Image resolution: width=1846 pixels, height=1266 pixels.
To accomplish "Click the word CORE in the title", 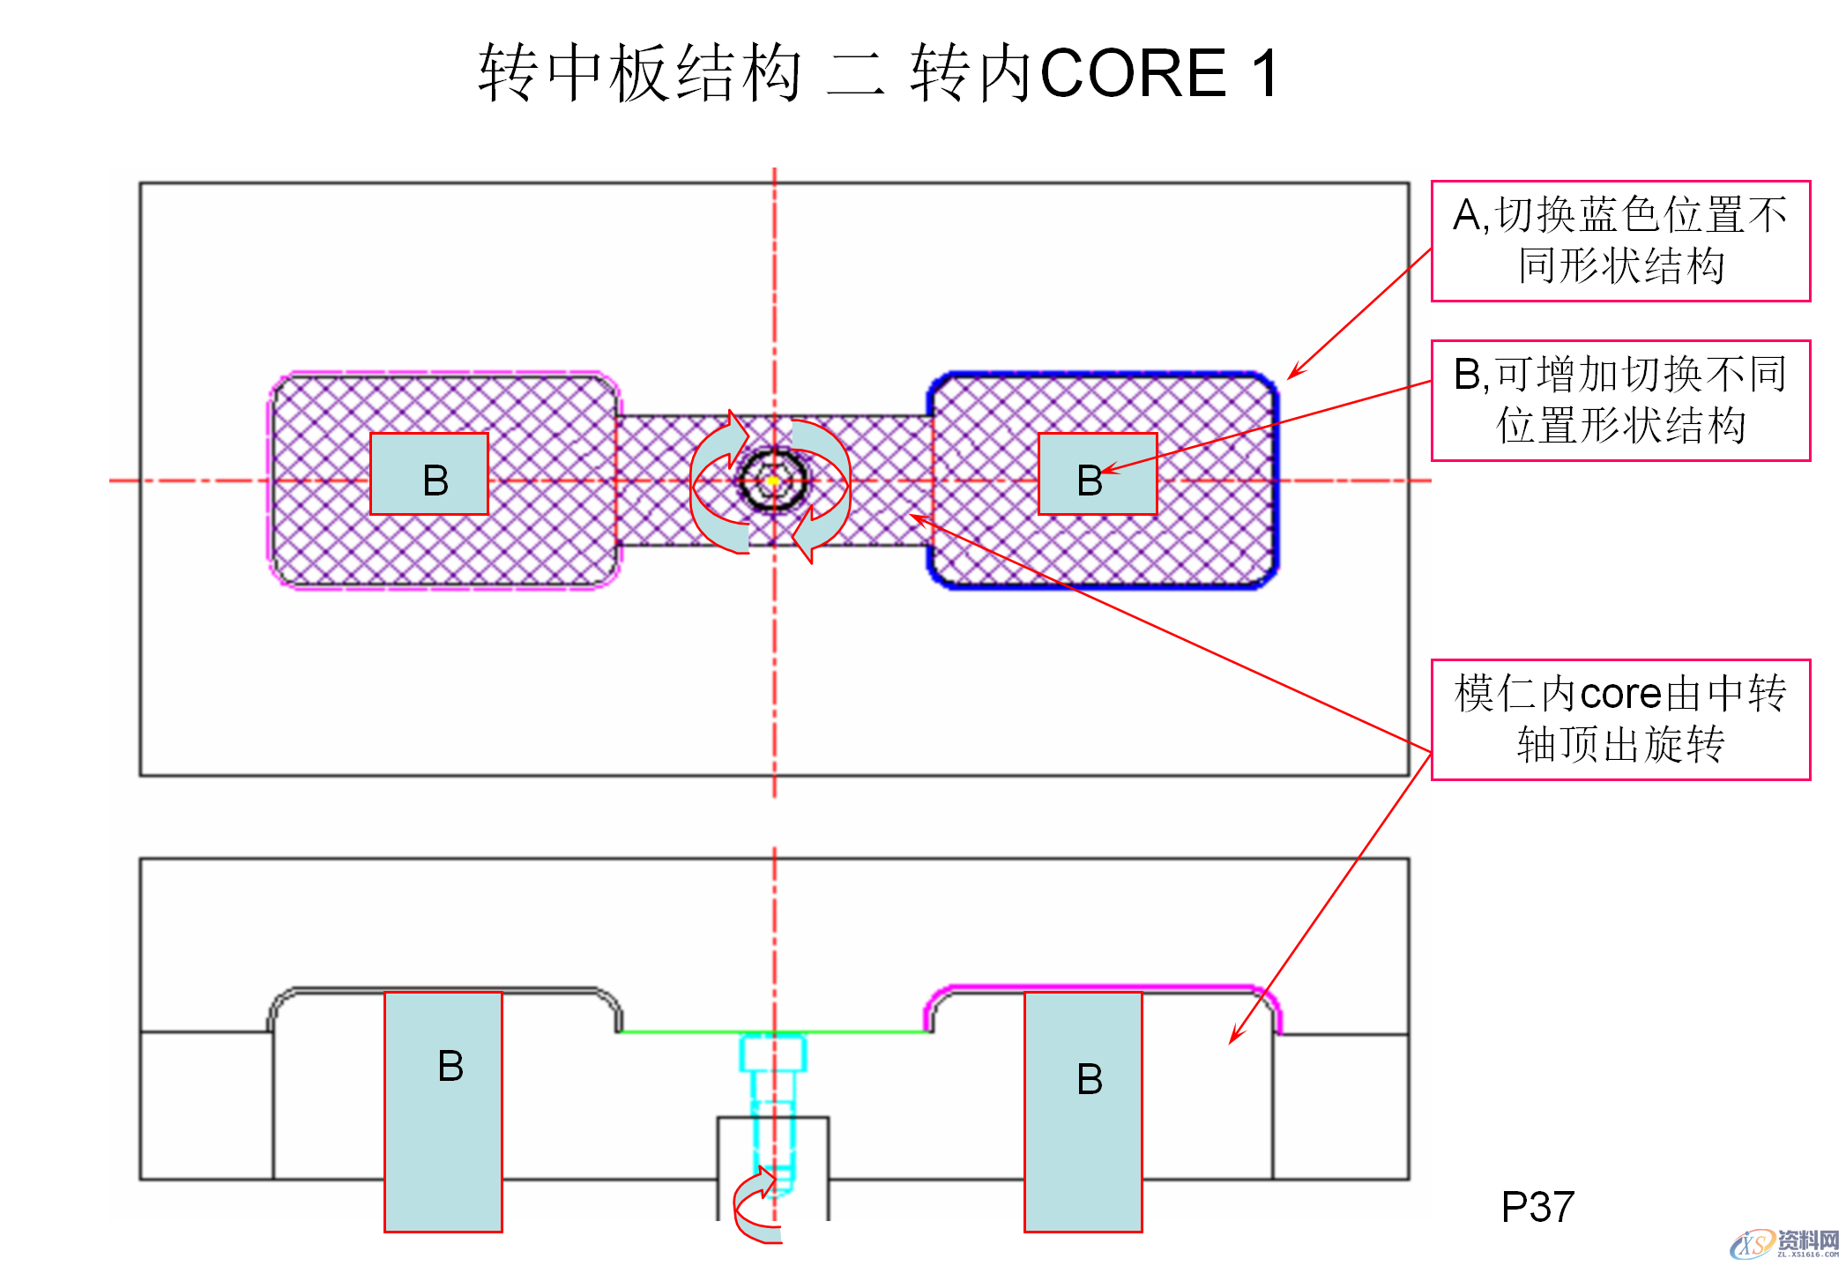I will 1133,73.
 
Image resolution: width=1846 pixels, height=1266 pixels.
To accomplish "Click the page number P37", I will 1537,1207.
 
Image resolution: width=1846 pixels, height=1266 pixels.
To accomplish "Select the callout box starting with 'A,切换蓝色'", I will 1619,241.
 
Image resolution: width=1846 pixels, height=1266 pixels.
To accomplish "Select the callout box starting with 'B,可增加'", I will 1619,400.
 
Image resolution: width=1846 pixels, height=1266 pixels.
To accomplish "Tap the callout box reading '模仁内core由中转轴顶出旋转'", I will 1619,719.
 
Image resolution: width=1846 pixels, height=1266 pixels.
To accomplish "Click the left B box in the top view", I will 429,474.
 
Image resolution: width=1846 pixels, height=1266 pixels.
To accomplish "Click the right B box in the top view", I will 1097,474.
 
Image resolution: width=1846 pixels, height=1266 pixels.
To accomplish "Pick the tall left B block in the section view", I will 443,1112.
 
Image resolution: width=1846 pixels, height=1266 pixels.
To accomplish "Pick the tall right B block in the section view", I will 1083,1112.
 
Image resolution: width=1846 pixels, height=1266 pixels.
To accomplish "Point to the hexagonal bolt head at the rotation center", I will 773,480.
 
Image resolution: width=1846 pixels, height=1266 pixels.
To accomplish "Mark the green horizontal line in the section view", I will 688,1031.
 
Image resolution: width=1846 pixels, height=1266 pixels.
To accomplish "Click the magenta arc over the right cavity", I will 1102,988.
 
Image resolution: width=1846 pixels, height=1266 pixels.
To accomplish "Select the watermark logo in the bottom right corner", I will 1785,1243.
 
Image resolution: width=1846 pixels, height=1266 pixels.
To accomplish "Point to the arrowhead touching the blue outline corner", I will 1292,376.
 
